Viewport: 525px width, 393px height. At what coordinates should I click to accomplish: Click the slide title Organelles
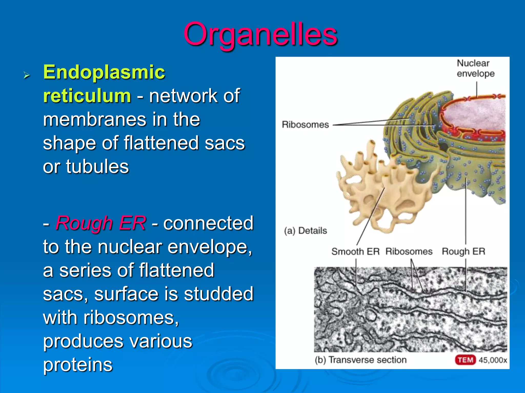pos(260,35)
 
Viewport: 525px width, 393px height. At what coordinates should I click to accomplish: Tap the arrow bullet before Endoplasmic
pos(26,75)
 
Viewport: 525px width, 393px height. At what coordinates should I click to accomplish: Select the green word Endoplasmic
pos(104,72)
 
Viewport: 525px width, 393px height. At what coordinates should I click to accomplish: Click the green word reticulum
pos(87,96)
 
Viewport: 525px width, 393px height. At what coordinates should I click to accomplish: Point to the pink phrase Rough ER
pos(101,223)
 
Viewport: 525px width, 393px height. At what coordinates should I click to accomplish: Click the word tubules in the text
pos(97,167)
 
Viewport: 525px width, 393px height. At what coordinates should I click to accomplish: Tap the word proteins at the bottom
pos(78,364)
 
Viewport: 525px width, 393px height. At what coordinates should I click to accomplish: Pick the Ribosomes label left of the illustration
pos(305,125)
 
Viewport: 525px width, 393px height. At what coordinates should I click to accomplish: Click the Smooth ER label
pos(355,252)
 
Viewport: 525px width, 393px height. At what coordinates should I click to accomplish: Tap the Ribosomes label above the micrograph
pos(409,252)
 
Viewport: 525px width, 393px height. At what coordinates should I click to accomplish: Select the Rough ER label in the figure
pos(463,252)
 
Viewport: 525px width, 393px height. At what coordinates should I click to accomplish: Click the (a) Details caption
pos(305,231)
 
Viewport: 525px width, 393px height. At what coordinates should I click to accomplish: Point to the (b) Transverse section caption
pos(361,360)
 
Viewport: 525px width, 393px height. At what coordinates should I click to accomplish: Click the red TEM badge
pos(465,360)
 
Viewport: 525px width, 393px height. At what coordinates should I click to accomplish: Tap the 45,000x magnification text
pos(493,360)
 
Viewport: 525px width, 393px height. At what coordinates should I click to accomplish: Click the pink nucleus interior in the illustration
pos(477,115)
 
